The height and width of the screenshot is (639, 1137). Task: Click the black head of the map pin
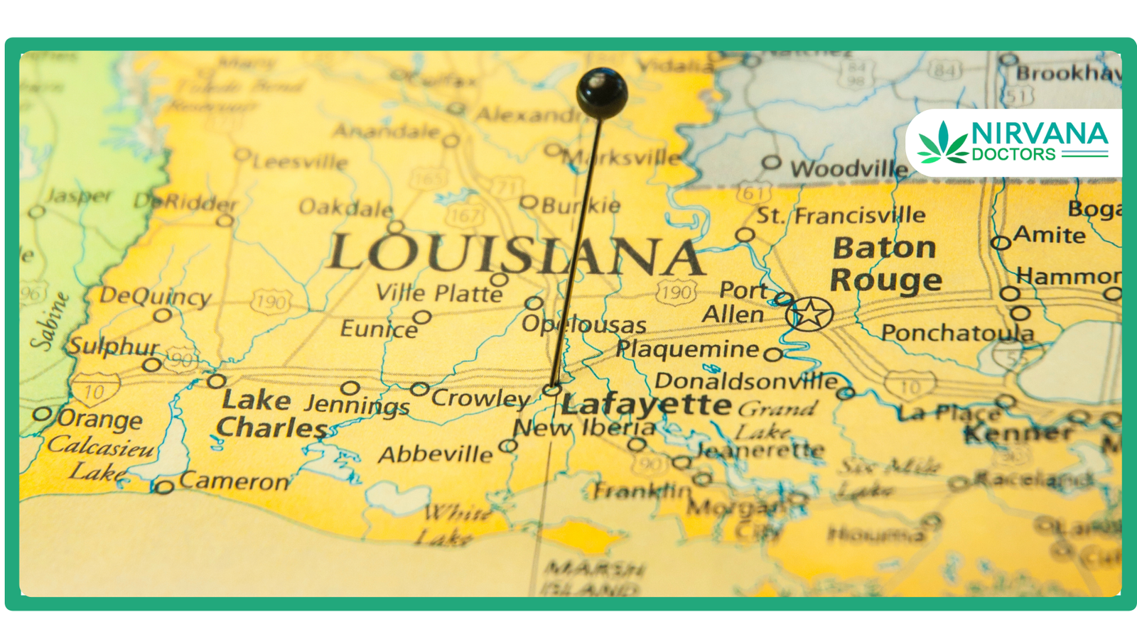tap(601, 93)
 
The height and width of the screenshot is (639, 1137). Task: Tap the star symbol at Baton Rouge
tap(809, 313)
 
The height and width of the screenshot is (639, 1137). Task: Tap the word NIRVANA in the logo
tap(1039, 133)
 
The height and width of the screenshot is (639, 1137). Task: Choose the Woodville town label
tap(848, 169)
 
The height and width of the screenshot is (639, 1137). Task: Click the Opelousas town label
tap(583, 324)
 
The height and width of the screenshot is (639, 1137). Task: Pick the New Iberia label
tap(584, 427)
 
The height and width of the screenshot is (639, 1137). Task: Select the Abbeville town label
tap(435, 454)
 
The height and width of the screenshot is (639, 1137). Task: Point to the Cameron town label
tap(234, 481)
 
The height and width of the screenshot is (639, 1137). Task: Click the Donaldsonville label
tap(745, 381)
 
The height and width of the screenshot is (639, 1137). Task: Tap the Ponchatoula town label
tap(957, 332)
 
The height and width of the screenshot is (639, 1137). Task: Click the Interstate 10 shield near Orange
tap(95, 390)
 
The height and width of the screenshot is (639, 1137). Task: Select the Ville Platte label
tap(438, 293)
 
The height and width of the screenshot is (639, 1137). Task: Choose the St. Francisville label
tap(841, 215)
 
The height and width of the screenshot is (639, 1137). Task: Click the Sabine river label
tap(50, 321)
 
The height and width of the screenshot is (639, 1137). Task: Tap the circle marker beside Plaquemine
tap(774, 354)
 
